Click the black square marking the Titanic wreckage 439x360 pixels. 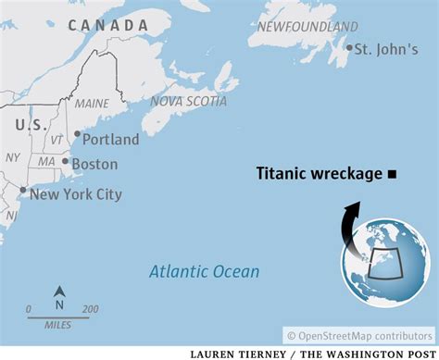click(393, 173)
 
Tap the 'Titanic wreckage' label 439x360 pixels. click(320, 173)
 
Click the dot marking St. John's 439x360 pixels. click(350, 48)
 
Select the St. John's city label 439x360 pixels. click(384, 48)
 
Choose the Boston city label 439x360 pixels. click(95, 163)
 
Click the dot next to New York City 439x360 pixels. click(23, 191)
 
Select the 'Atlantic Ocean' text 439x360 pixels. click(205, 271)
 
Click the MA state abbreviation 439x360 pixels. click(45, 163)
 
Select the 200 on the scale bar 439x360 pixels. click(90, 309)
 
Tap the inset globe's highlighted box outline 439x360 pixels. click(383, 264)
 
